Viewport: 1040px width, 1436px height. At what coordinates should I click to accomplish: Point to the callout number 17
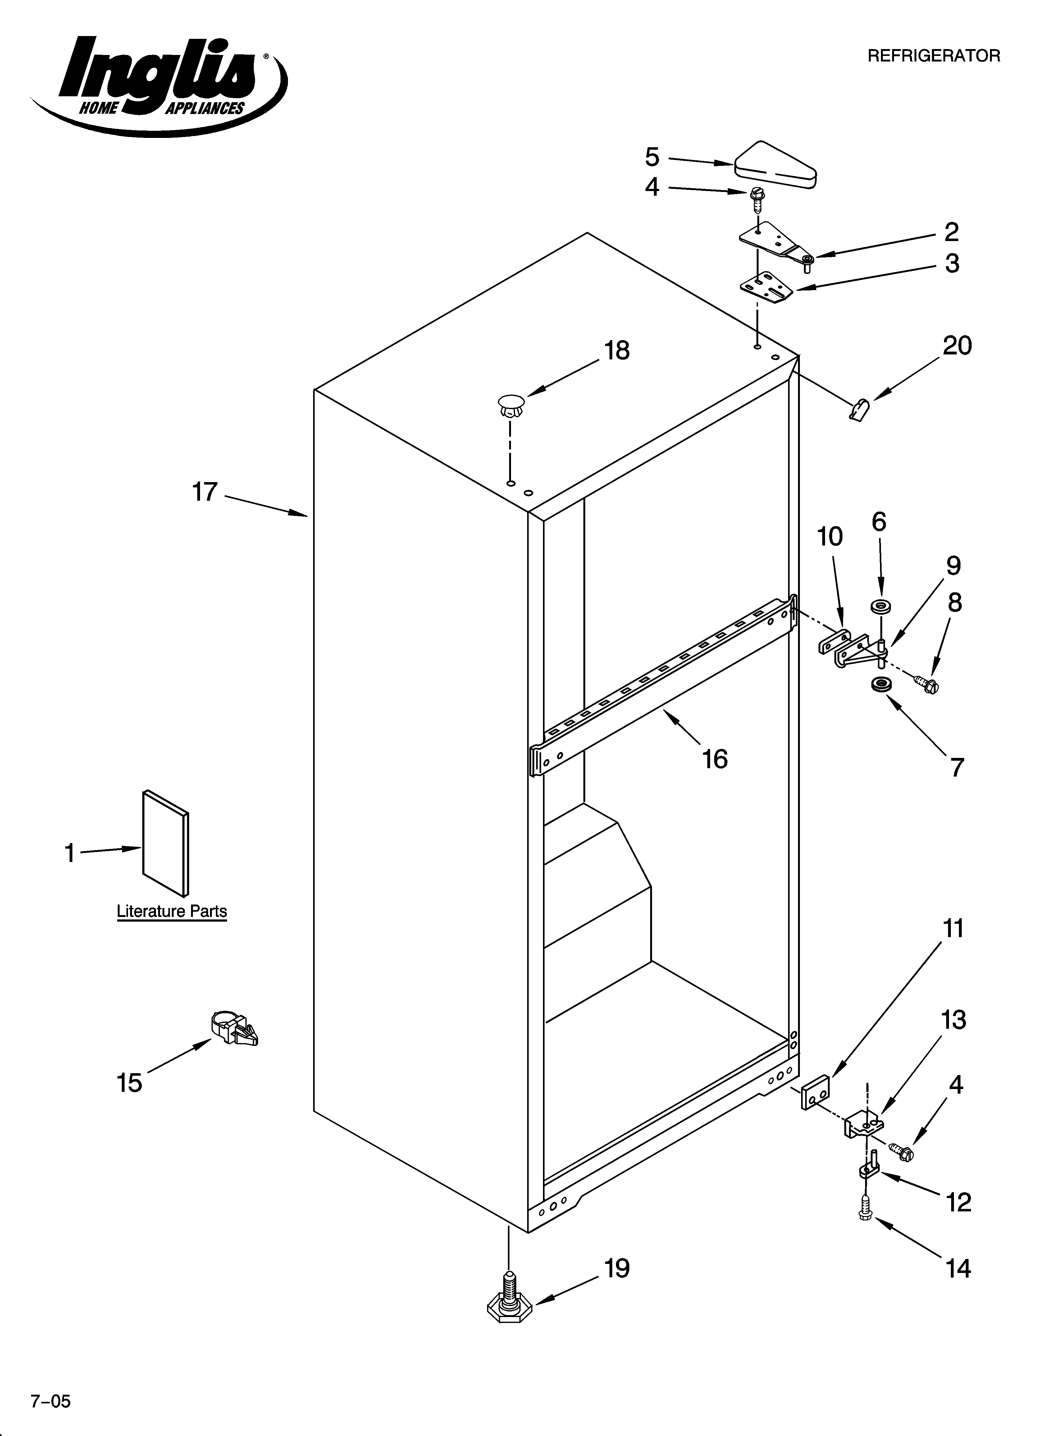coord(205,491)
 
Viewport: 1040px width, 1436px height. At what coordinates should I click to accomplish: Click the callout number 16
coord(714,759)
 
